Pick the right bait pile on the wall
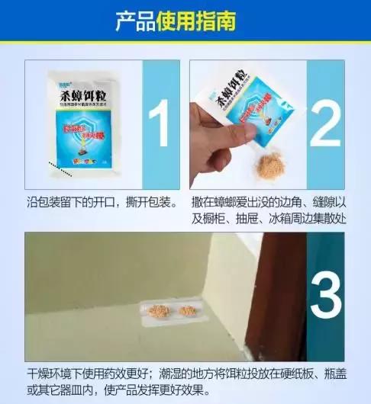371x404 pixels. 187,311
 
